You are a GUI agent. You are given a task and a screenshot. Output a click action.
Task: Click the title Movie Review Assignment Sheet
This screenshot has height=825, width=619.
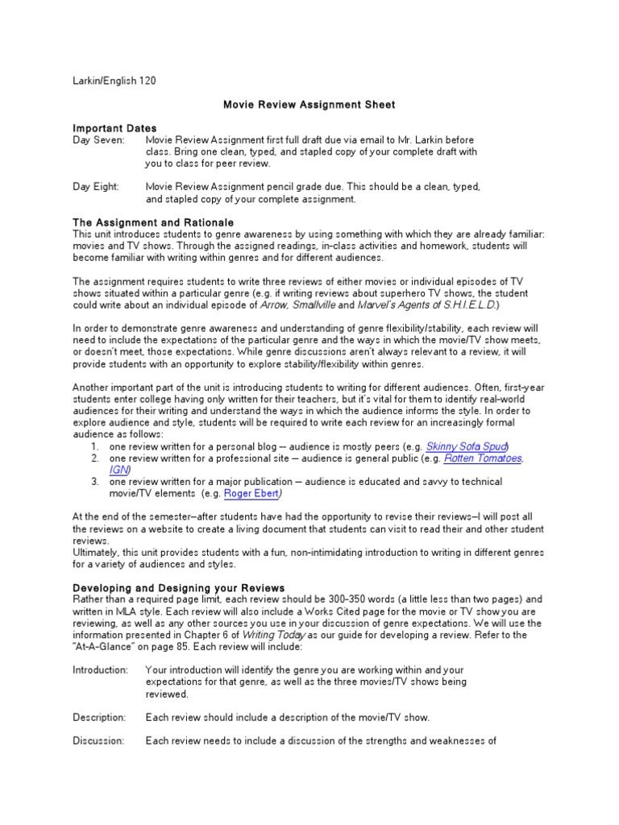point(309,105)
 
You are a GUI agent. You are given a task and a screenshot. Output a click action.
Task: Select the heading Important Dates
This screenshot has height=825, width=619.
point(114,128)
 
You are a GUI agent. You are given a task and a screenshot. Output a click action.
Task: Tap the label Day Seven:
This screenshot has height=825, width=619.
point(98,140)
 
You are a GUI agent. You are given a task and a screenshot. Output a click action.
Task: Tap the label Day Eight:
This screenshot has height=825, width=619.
point(96,187)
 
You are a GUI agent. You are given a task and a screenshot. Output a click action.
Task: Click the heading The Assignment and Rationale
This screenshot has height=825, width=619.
point(153,222)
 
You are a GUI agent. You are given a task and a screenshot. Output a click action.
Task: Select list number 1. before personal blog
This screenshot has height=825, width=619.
point(94,446)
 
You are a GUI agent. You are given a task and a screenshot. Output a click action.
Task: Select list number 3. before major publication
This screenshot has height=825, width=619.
point(94,482)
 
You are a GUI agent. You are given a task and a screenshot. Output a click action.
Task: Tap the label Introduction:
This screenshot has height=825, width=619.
point(100,670)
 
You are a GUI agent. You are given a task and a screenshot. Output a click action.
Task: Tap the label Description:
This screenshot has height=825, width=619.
point(99,717)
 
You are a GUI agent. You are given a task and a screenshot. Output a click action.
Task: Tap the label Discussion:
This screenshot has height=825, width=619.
point(98,740)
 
